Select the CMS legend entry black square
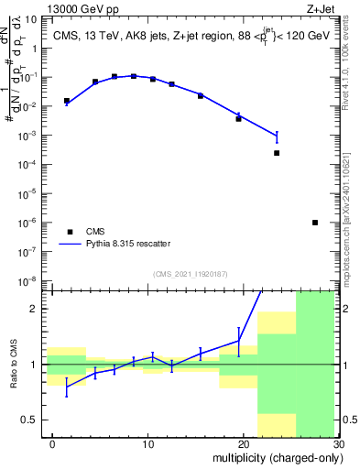point(70,232)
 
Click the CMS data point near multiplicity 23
point(277,153)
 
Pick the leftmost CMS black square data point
point(66,101)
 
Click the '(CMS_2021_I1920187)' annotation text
point(191,273)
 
